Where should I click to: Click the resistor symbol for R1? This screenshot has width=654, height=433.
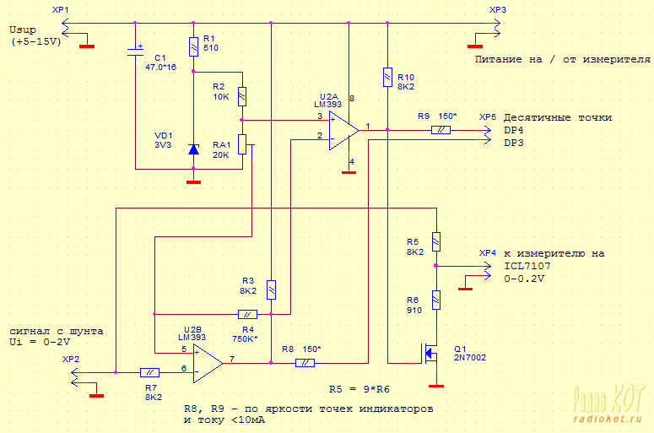click(193, 46)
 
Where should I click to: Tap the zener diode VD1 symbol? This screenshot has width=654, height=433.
click(193, 149)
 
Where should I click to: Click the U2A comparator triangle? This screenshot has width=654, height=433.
click(343, 131)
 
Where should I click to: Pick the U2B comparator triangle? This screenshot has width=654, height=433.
click(208, 363)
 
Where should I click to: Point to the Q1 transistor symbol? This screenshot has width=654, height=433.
click(430, 354)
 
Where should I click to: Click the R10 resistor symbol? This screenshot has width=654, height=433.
click(387, 77)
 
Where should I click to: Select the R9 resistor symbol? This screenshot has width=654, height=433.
click(441, 130)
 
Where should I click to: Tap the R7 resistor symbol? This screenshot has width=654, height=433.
click(149, 372)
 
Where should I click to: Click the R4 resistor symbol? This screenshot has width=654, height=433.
click(247, 314)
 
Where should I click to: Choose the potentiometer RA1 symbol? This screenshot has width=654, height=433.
click(243, 144)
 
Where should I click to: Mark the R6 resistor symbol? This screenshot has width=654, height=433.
click(436, 300)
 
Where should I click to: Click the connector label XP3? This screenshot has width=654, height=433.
click(498, 9)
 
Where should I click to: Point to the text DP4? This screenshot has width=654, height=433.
click(513, 130)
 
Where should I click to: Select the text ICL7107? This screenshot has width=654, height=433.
click(527, 266)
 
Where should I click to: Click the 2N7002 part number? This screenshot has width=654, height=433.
click(470, 358)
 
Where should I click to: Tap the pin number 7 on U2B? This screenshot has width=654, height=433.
click(232, 359)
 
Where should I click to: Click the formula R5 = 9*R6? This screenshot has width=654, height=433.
click(359, 389)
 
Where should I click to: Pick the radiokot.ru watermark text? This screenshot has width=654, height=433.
click(608, 419)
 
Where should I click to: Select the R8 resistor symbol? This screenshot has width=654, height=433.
click(305, 363)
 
